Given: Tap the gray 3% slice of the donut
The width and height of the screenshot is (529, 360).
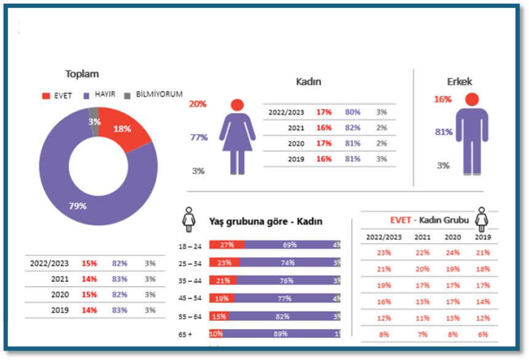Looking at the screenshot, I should [93, 117].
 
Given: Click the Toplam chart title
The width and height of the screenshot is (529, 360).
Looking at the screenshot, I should [82, 74].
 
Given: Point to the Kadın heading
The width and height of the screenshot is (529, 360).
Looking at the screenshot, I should [308, 81].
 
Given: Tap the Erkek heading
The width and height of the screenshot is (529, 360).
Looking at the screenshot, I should [459, 81].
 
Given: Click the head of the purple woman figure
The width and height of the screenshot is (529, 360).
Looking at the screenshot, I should [237, 105].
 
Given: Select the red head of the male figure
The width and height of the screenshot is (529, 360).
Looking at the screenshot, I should [472, 99].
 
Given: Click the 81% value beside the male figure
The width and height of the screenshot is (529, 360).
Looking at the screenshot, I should [443, 132].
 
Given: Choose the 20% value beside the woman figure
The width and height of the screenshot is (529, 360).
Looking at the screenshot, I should [197, 104].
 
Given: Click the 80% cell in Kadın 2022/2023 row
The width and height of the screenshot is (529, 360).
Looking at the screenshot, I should [352, 112].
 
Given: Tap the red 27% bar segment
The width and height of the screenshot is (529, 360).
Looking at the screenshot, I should [226, 245].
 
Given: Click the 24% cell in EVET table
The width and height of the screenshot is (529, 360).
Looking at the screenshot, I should [453, 252].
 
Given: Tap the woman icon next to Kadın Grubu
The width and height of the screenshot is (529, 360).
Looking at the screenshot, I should [482, 219].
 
